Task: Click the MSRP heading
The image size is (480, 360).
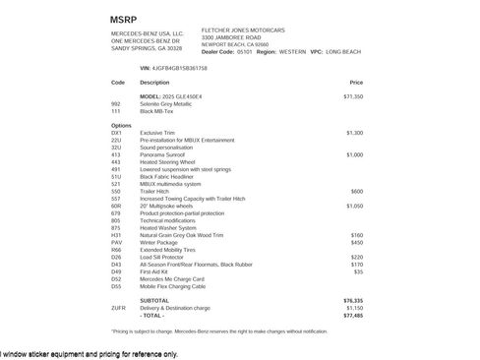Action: coord(124,19)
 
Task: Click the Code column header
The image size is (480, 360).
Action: coord(118,83)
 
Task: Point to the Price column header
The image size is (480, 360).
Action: coord(355,83)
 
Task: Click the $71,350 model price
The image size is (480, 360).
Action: coord(352,97)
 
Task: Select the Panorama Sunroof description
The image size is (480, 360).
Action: coord(162,154)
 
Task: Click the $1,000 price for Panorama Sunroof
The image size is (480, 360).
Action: coord(354,154)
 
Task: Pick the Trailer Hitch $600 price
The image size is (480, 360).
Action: coord(357,191)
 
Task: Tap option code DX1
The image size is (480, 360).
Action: coord(117,132)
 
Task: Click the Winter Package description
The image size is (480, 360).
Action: coord(160,242)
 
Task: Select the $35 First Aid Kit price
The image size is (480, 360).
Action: coord(358,271)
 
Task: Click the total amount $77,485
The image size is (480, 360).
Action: coord(352,315)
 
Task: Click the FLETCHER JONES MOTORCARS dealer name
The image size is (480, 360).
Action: coord(239,30)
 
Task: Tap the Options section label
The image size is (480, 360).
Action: coord(121,125)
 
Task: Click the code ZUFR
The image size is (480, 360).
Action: coord(119,308)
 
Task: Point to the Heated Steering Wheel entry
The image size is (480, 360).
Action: coord(168,161)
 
